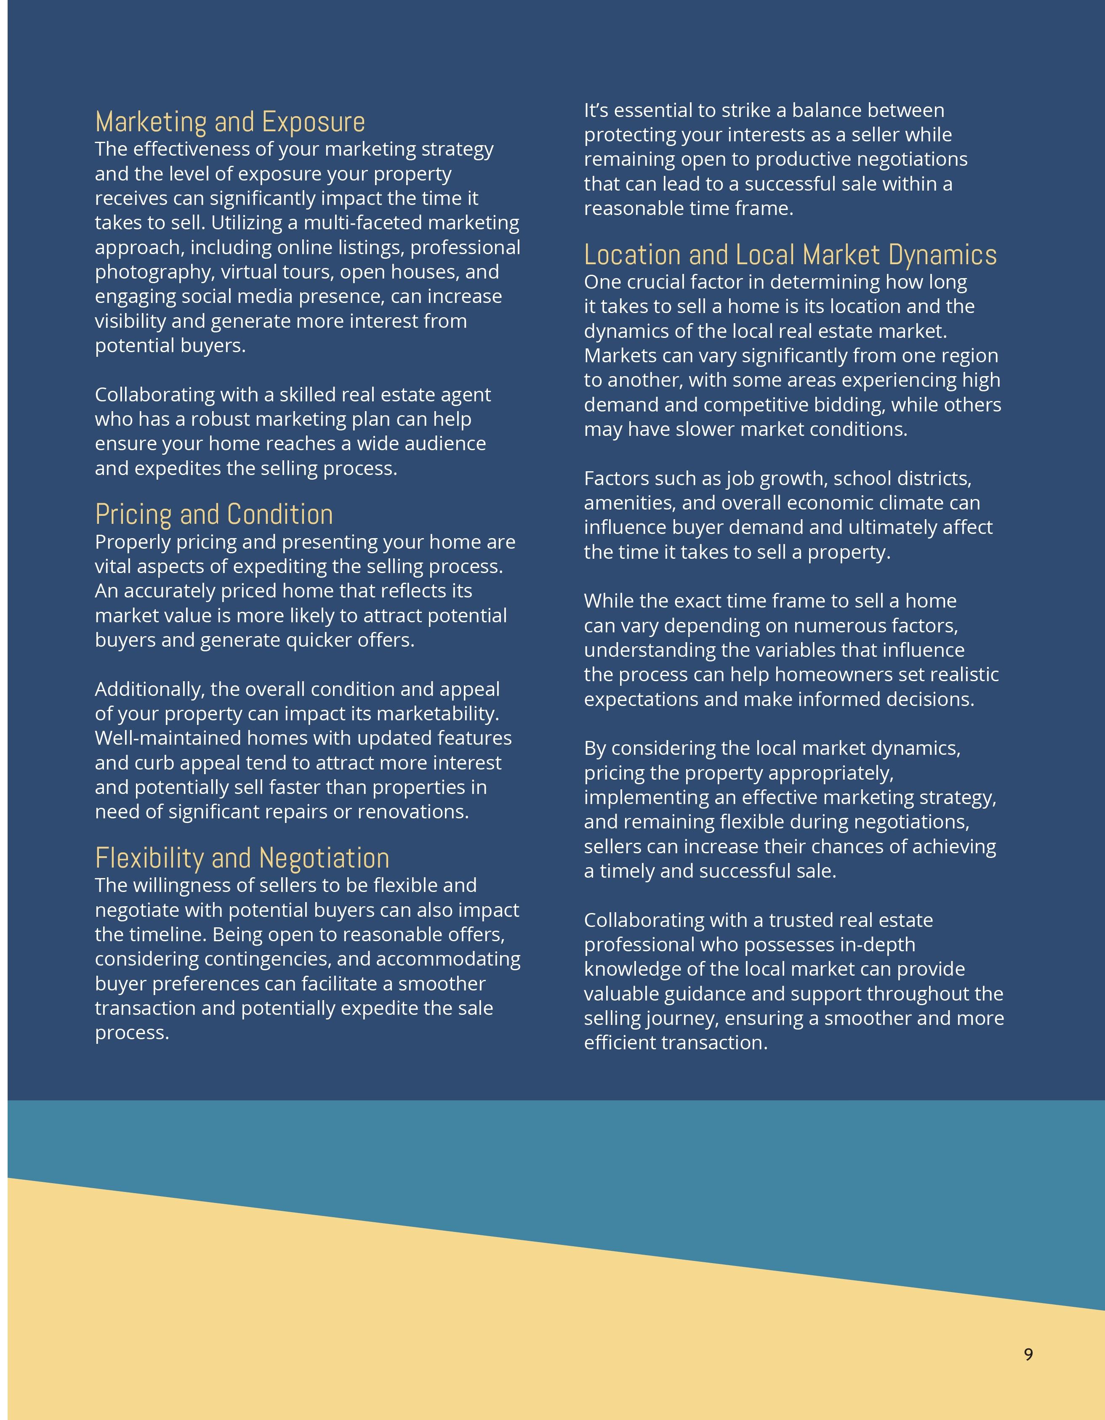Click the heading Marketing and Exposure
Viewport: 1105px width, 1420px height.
230,122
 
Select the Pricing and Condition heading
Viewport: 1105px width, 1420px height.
214,514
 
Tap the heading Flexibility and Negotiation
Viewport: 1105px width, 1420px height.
242,858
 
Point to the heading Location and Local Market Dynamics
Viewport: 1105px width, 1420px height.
790,255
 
